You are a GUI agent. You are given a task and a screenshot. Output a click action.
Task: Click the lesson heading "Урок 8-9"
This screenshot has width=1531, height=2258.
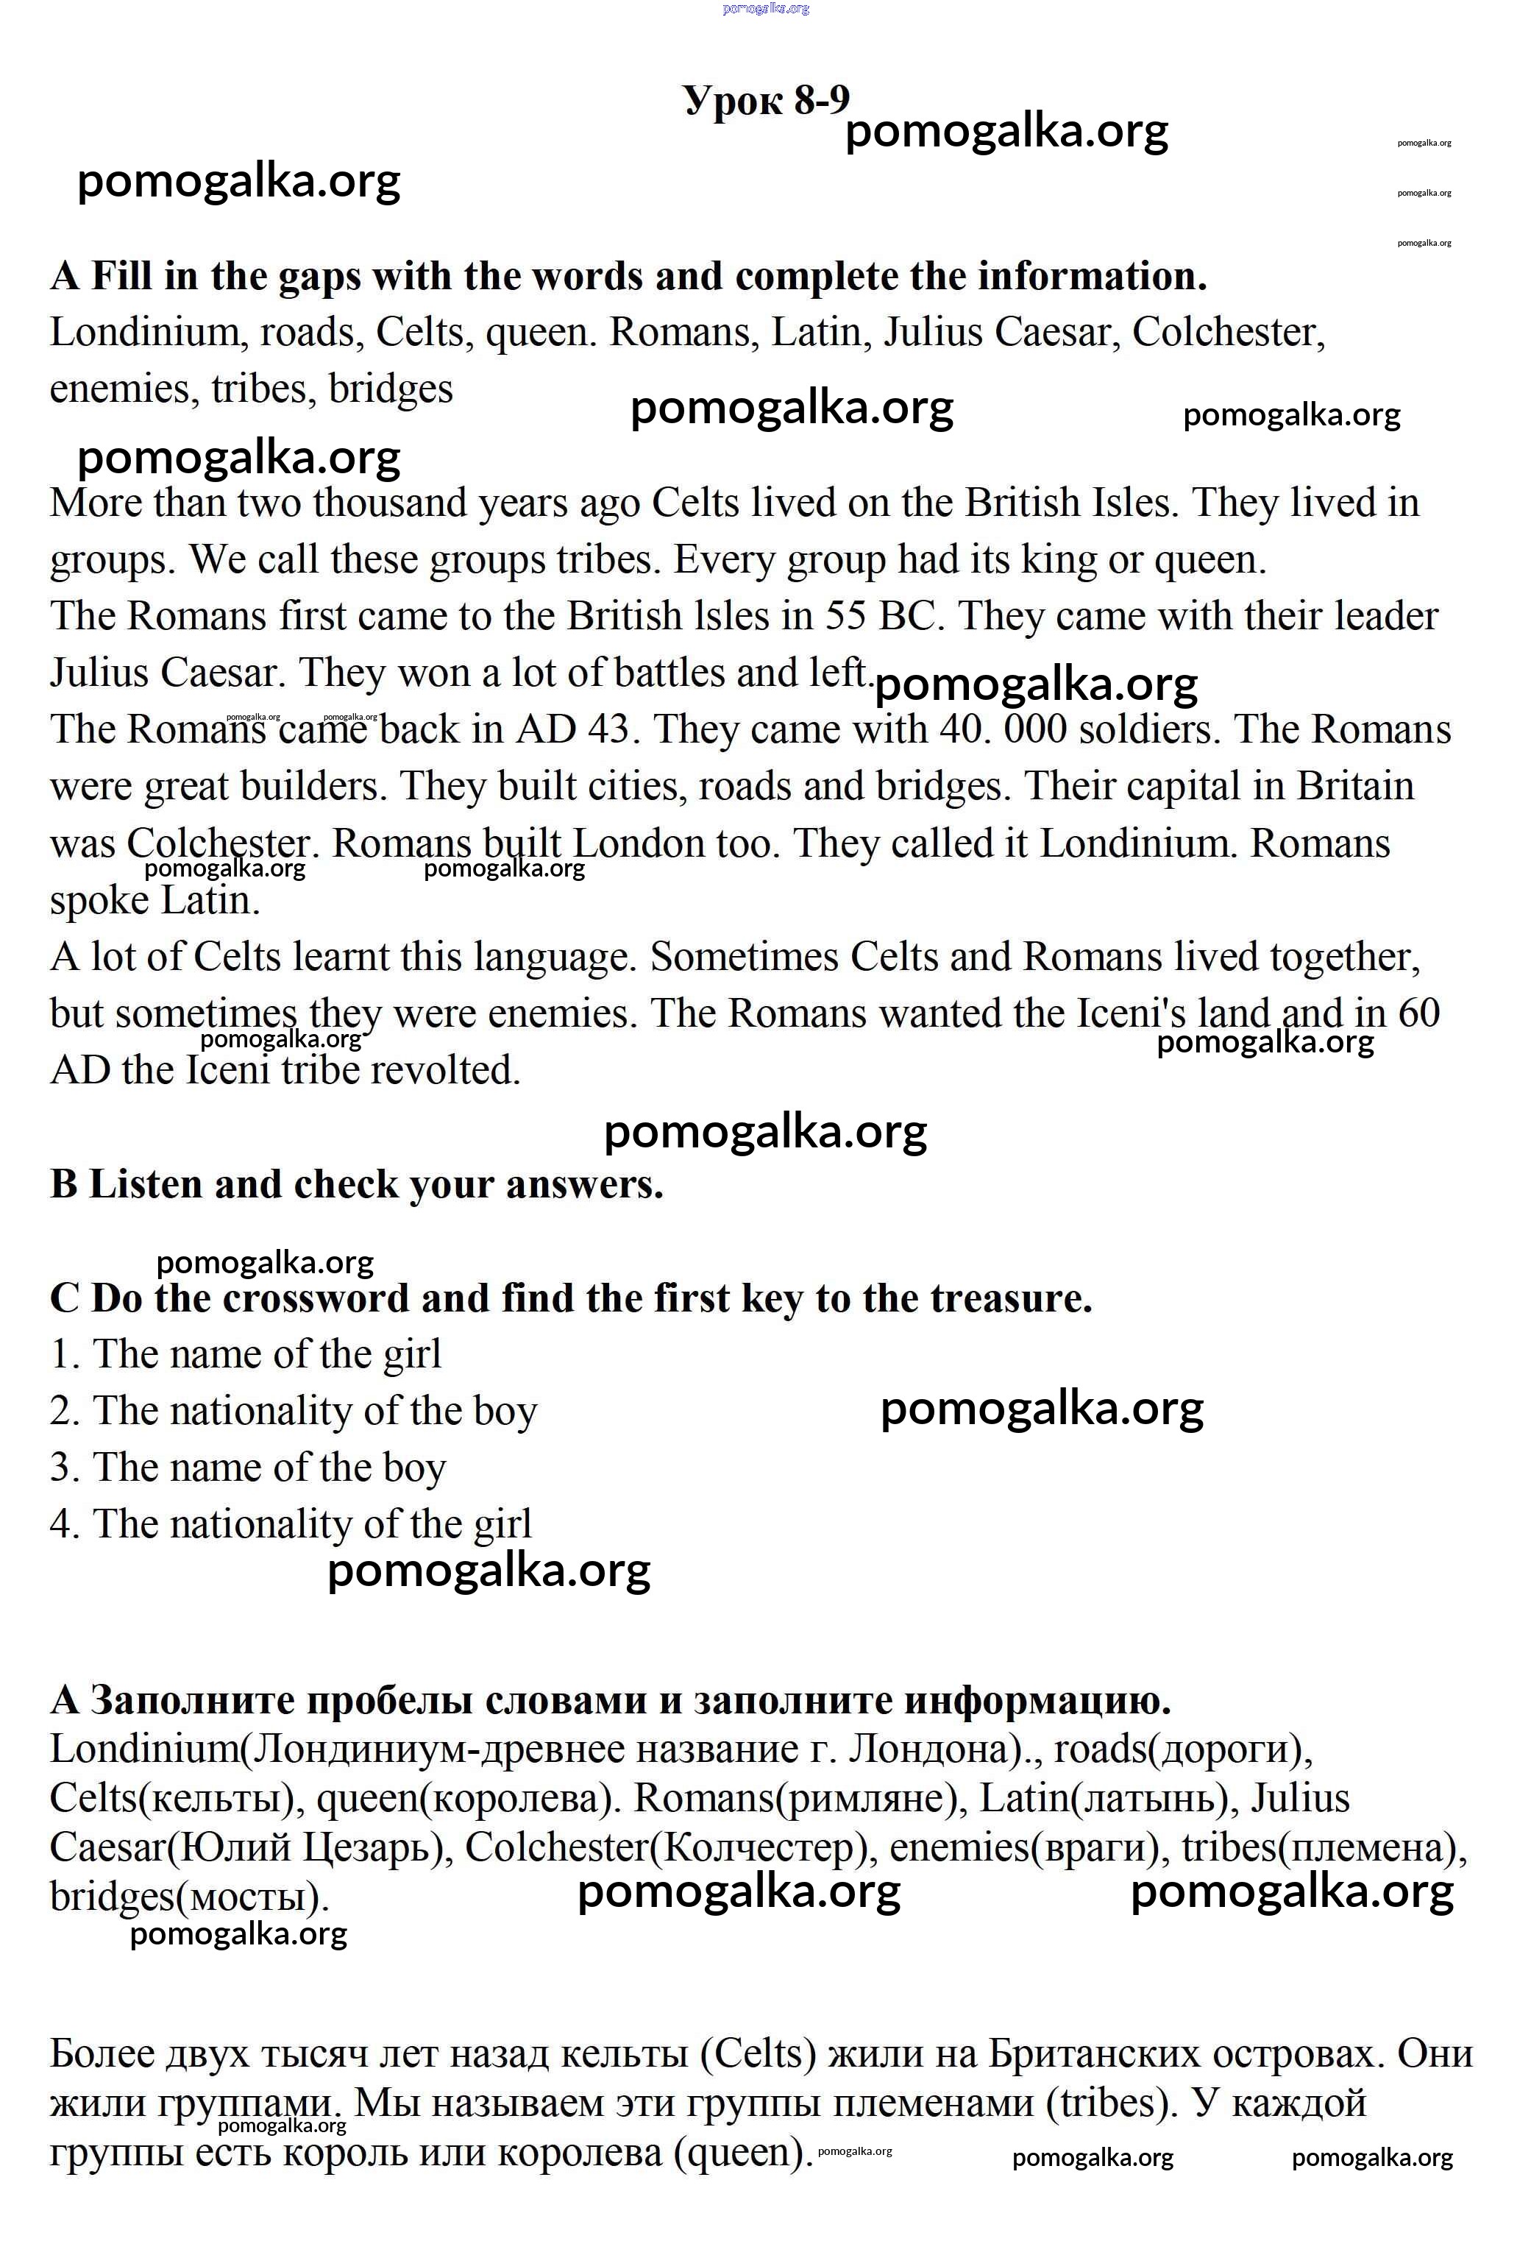tap(765, 99)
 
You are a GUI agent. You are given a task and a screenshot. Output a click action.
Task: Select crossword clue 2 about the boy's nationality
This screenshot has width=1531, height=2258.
tap(294, 1411)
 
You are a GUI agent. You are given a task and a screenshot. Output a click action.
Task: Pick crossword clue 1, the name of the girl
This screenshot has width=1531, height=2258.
tap(246, 1354)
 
